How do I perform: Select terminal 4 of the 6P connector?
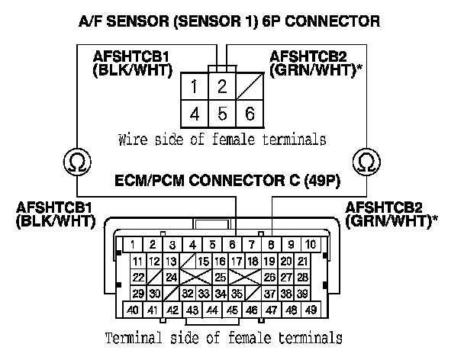pyautogui.click(x=195, y=114)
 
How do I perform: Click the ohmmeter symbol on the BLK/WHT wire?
pyautogui.click(x=76, y=162)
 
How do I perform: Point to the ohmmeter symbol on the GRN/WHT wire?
pyautogui.click(x=368, y=162)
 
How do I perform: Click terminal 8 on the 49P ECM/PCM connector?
pyautogui.click(x=272, y=244)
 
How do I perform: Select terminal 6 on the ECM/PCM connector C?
pyautogui.click(x=232, y=244)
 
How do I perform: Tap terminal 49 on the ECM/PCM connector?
pyautogui.click(x=312, y=310)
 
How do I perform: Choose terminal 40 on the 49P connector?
pyautogui.click(x=133, y=310)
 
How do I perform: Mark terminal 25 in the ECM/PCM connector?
pyautogui.click(x=220, y=277)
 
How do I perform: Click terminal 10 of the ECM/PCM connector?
pyautogui.click(x=312, y=244)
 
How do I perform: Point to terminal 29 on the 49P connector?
pyautogui.click(x=138, y=294)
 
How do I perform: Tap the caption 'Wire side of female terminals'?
pyautogui.click(x=222, y=140)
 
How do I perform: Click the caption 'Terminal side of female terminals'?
pyautogui.click(x=223, y=336)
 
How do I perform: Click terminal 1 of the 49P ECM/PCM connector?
pyautogui.click(x=133, y=244)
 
